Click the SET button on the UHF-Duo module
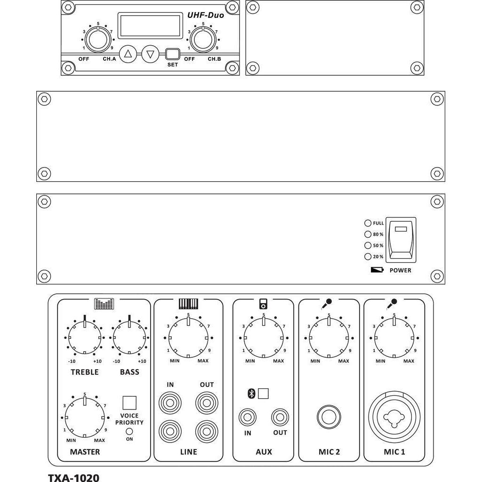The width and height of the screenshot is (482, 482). [x=172, y=54]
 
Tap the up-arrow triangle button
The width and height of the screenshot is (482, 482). [x=128, y=54]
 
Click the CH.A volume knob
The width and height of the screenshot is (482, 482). [x=98, y=40]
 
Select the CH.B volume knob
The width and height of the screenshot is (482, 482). [x=203, y=40]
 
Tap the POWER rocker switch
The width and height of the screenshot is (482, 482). [x=401, y=240]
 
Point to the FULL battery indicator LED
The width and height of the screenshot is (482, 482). [x=368, y=223]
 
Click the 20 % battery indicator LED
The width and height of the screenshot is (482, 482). [x=368, y=257]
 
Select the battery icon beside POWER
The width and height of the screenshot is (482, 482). [x=377, y=270]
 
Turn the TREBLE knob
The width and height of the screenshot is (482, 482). [x=85, y=337]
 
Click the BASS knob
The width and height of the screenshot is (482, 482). [x=129, y=337]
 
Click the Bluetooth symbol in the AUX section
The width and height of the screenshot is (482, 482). [x=251, y=394]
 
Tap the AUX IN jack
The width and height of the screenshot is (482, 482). [x=248, y=418]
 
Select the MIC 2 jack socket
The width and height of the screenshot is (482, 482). [x=329, y=417]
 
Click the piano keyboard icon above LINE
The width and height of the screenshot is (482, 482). [x=188, y=304]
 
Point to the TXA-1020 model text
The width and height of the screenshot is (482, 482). [x=74, y=477]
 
